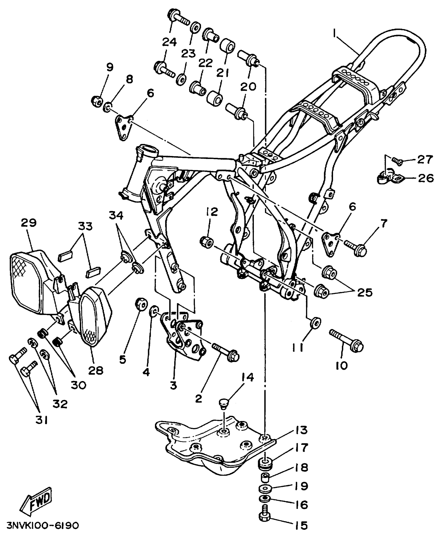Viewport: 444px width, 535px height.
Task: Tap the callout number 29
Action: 29,223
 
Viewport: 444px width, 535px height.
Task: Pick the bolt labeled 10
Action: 347,341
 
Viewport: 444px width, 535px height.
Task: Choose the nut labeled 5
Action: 141,304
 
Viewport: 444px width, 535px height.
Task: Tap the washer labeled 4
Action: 154,311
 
